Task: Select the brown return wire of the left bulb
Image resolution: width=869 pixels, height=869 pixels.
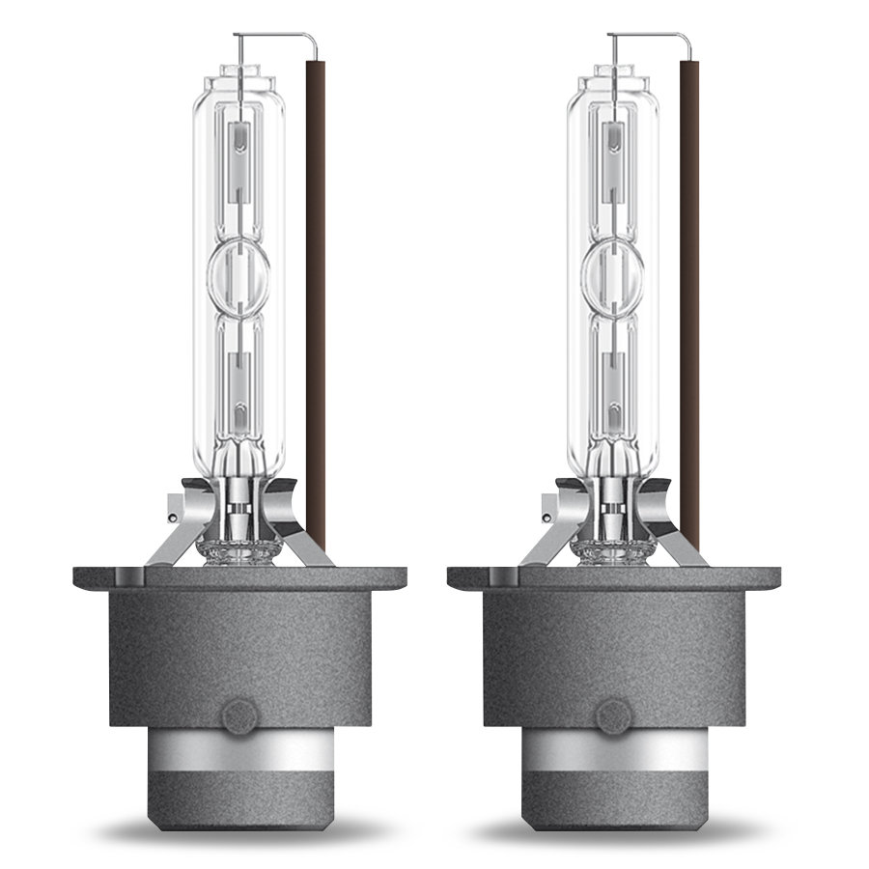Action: coord(314,290)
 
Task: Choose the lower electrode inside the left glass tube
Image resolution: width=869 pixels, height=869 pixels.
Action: coord(238,386)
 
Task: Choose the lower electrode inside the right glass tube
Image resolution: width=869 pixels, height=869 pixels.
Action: coord(609,386)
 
